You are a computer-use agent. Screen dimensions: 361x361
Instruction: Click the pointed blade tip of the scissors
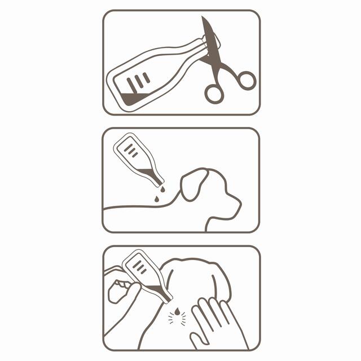point(204,18)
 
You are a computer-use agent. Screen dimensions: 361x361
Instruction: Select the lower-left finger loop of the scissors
point(214,94)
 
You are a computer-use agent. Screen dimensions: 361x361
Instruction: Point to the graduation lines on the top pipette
point(138,82)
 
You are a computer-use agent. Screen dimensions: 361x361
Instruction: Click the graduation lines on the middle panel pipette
point(131,150)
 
